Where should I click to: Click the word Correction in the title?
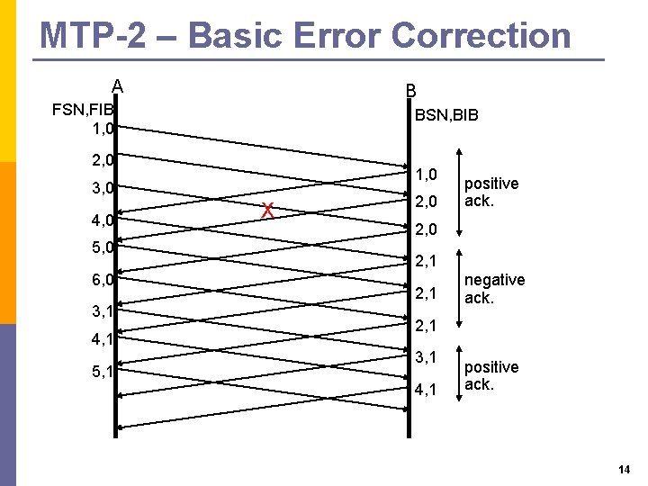(481, 36)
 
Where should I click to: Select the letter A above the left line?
(117, 87)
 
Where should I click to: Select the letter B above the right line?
(410, 91)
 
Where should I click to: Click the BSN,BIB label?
(446, 115)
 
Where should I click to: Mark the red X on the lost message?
(267, 211)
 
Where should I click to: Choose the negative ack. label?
(494, 288)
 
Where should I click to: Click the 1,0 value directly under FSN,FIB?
(102, 129)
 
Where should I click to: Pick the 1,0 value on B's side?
(426, 174)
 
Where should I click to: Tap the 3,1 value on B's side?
(426, 358)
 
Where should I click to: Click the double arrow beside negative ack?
(460, 288)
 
